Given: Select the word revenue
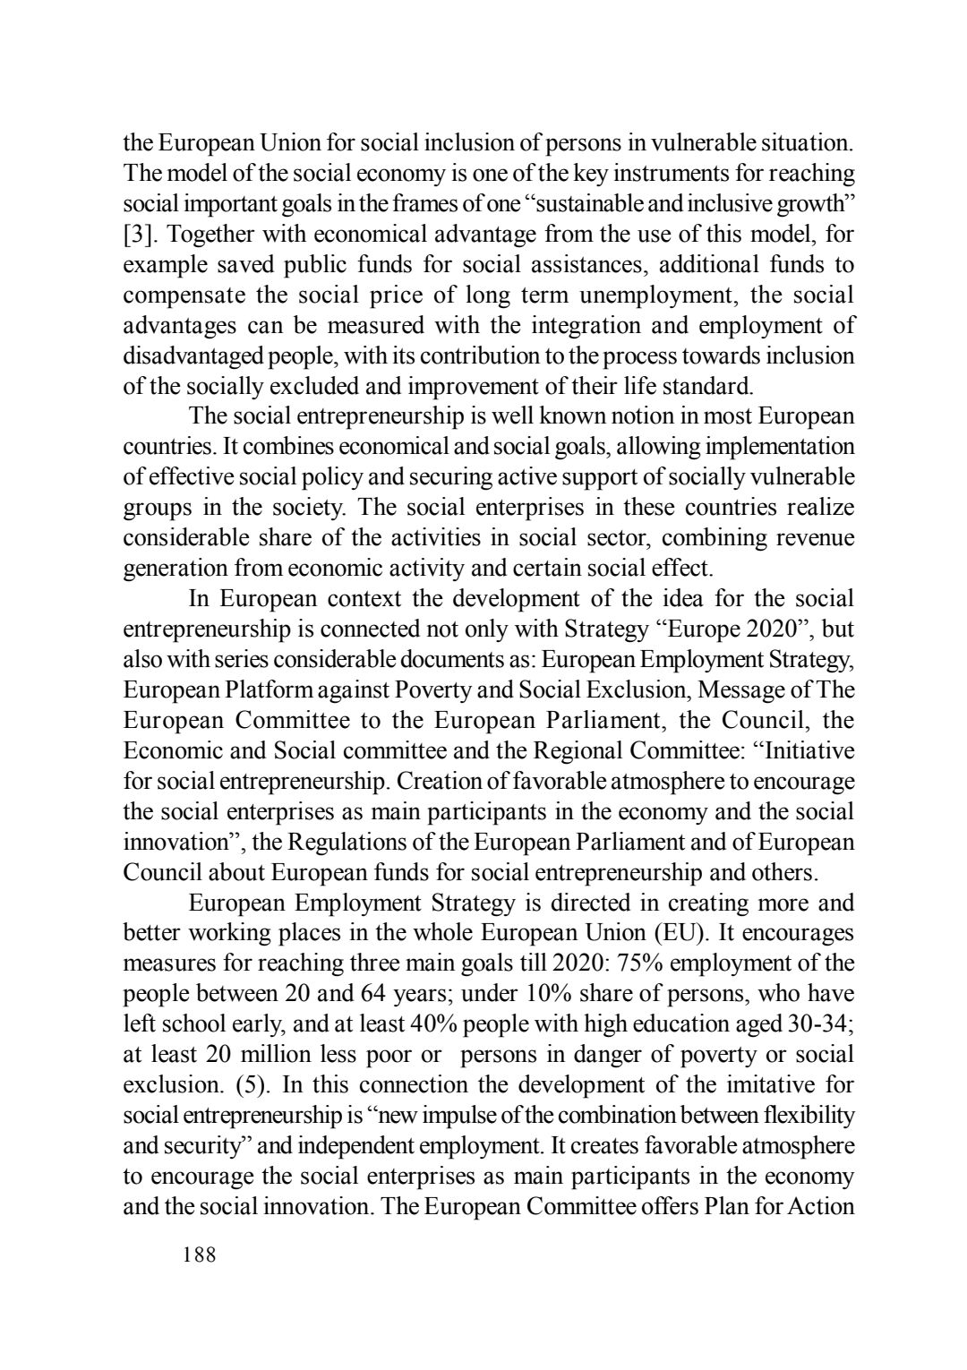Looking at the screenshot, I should tap(811, 537).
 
